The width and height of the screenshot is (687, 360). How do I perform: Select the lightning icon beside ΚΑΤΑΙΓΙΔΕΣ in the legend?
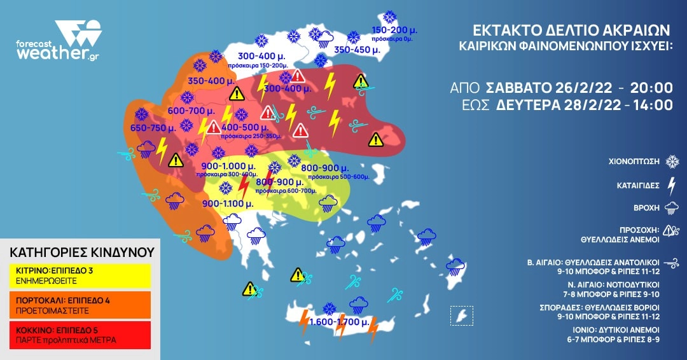point(670,186)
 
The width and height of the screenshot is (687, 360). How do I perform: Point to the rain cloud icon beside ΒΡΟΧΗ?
point(670,208)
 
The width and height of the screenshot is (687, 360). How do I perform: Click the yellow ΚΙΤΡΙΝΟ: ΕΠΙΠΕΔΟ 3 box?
point(80,275)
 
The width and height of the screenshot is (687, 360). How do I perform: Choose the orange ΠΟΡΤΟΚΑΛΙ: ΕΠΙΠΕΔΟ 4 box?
point(80,305)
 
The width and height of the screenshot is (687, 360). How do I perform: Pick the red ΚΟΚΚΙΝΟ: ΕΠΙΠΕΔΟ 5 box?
point(80,335)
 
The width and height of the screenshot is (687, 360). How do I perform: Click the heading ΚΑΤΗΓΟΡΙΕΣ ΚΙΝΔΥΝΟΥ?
point(82,253)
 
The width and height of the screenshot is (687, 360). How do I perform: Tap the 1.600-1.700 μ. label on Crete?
point(334,323)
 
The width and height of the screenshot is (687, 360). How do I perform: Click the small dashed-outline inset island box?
point(461,315)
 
